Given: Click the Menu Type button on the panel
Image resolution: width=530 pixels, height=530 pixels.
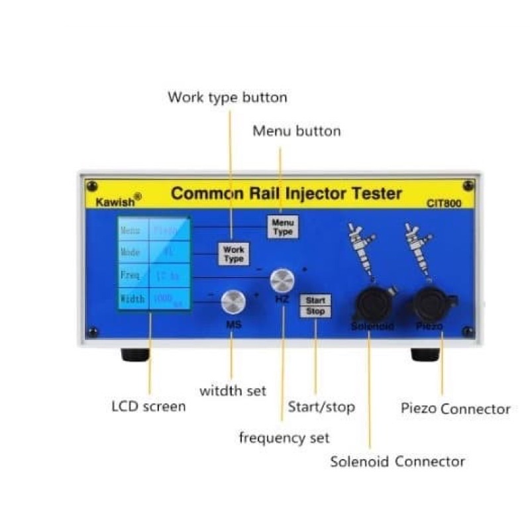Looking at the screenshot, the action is tap(282, 227).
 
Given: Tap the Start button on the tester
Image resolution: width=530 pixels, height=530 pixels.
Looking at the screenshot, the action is tap(315, 301).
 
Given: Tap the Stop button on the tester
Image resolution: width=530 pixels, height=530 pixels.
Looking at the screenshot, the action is tap(315, 311).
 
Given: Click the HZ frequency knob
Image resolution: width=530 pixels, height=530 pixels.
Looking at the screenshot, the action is tap(282, 281).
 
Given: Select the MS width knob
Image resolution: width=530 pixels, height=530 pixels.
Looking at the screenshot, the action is tap(233, 301).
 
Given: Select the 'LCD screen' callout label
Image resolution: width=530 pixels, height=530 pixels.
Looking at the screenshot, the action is tap(148, 406).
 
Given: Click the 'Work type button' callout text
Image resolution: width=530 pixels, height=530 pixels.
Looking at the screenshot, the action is tap(227, 97).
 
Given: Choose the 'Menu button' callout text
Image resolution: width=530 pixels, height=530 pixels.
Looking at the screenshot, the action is tap(297, 131).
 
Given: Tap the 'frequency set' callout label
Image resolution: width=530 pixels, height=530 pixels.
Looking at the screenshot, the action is tap(284, 438).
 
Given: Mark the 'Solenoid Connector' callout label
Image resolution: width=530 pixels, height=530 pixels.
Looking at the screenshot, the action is tap(397, 462).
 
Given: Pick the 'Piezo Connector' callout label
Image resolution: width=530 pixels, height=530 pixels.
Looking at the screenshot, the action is tap(456, 409).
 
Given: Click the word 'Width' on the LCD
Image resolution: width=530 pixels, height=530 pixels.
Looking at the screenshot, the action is tap(132, 299).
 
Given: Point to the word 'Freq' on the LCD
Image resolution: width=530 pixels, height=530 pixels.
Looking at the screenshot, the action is tap(131, 275).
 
